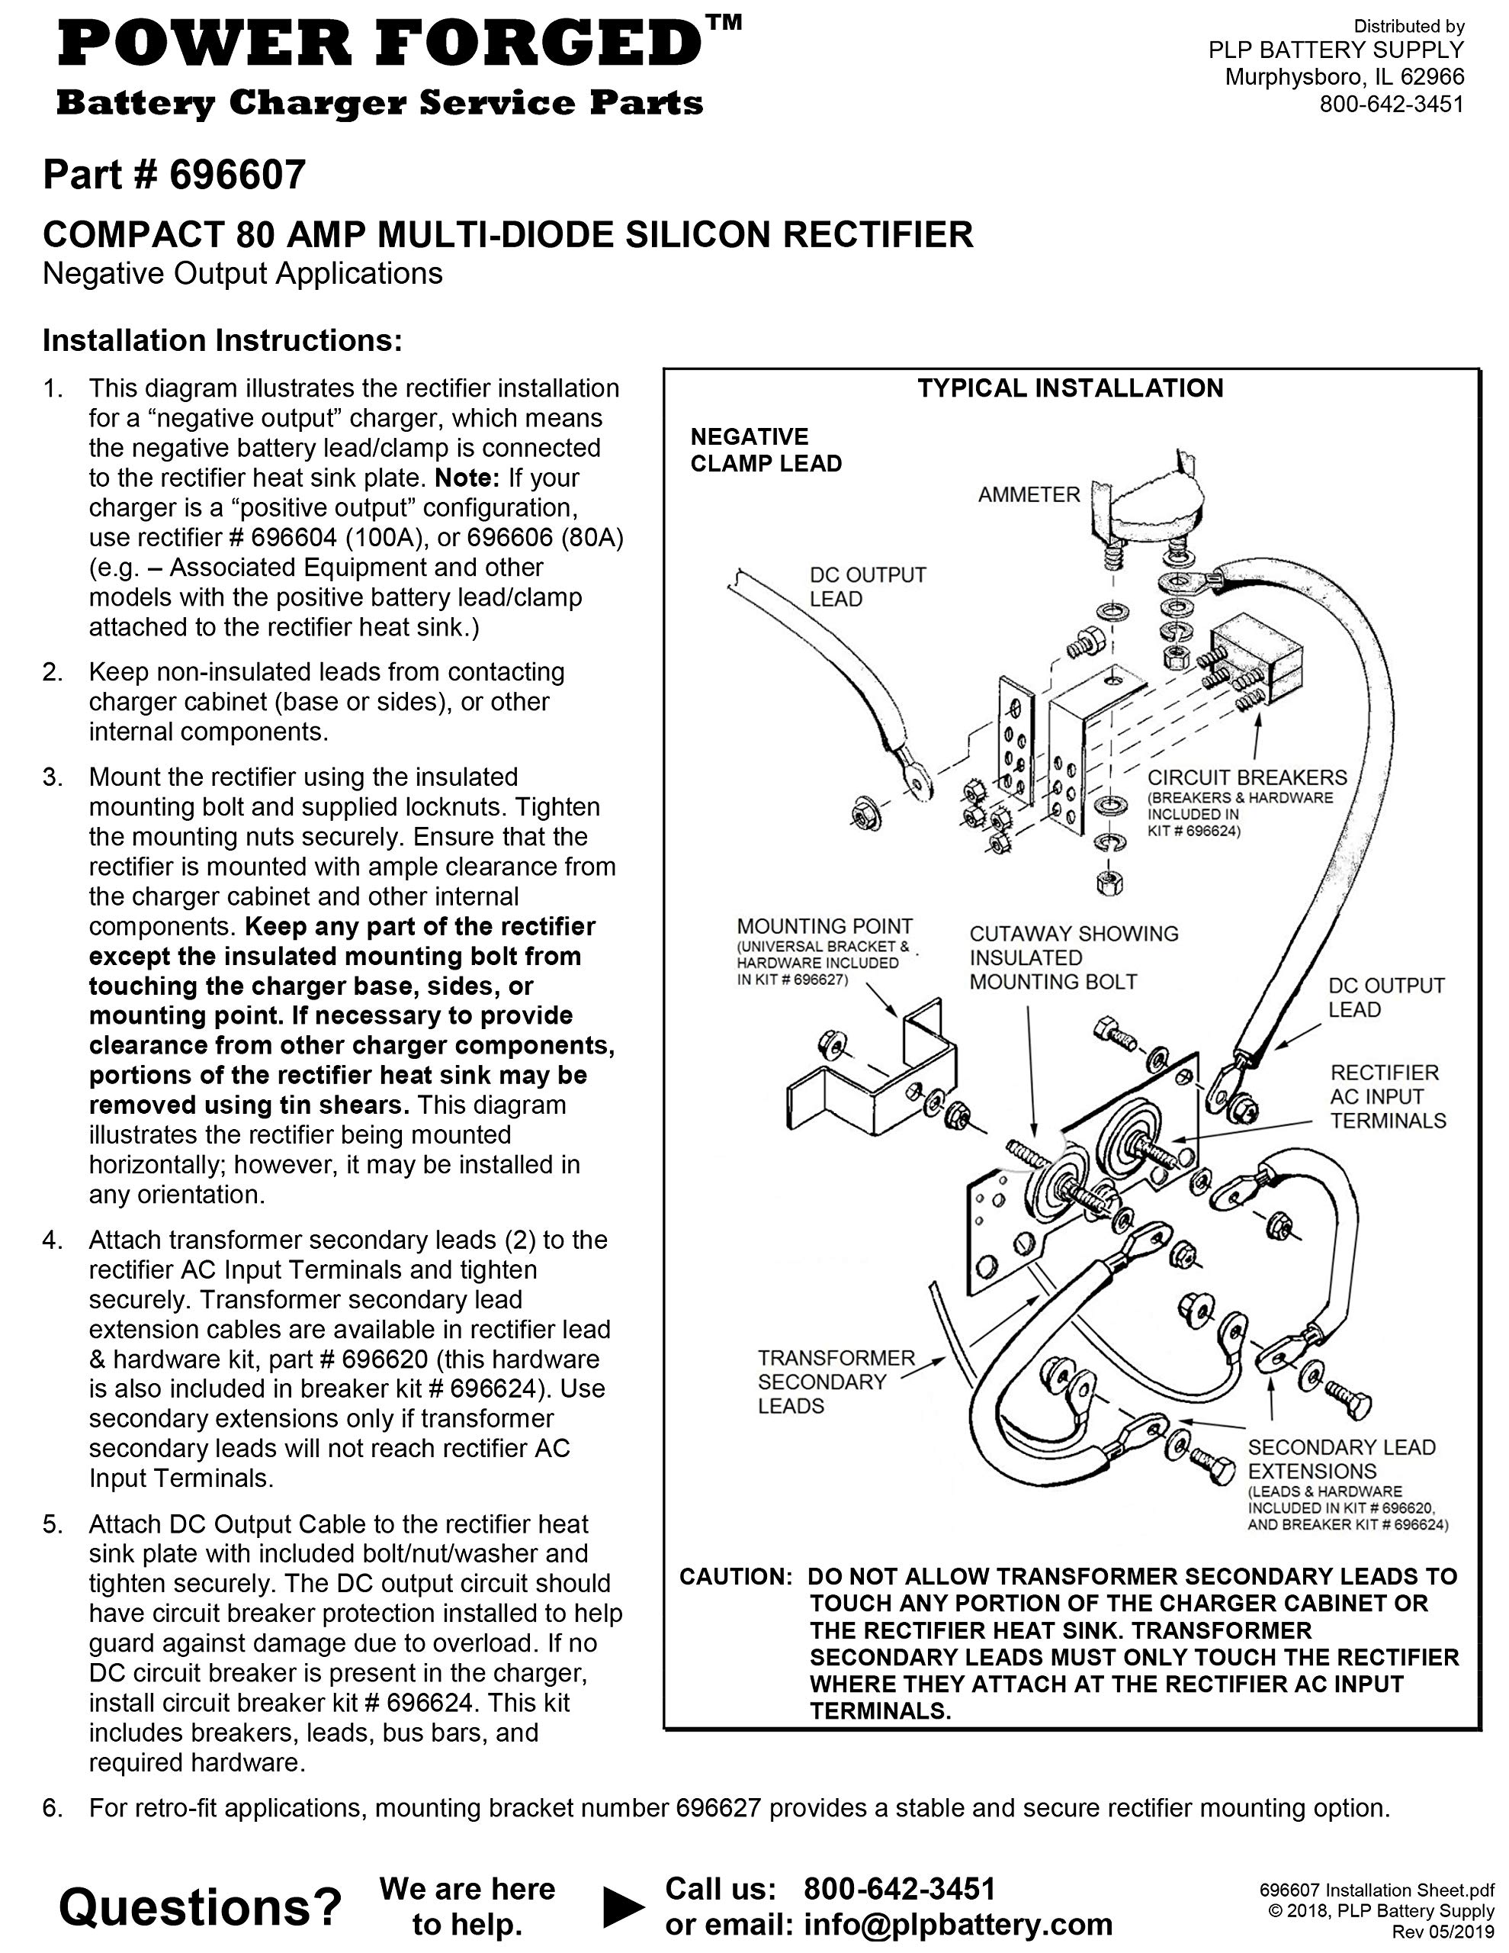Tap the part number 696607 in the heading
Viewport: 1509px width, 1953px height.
[238, 175]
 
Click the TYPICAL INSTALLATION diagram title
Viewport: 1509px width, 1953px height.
[1070, 388]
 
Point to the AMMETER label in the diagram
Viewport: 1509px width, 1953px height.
[1029, 494]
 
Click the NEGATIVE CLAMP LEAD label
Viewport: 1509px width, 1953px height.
[766, 450]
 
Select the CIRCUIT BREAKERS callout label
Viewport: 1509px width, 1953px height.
[1247, 777]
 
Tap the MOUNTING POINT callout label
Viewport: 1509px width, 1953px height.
[824, 926]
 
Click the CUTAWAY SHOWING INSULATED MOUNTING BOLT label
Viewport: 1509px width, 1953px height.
[1073, 957]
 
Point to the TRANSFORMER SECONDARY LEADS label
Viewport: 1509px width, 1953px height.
[836, 1382]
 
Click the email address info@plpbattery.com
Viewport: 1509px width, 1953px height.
[958, 1922]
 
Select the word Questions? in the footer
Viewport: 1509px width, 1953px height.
[201, 1906]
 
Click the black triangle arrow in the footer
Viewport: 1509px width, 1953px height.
[623, 1906]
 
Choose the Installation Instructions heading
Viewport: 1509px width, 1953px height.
[223, 341]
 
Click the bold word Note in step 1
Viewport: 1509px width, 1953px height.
[467, 478]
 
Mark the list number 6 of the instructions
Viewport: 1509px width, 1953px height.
[53, 1808]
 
